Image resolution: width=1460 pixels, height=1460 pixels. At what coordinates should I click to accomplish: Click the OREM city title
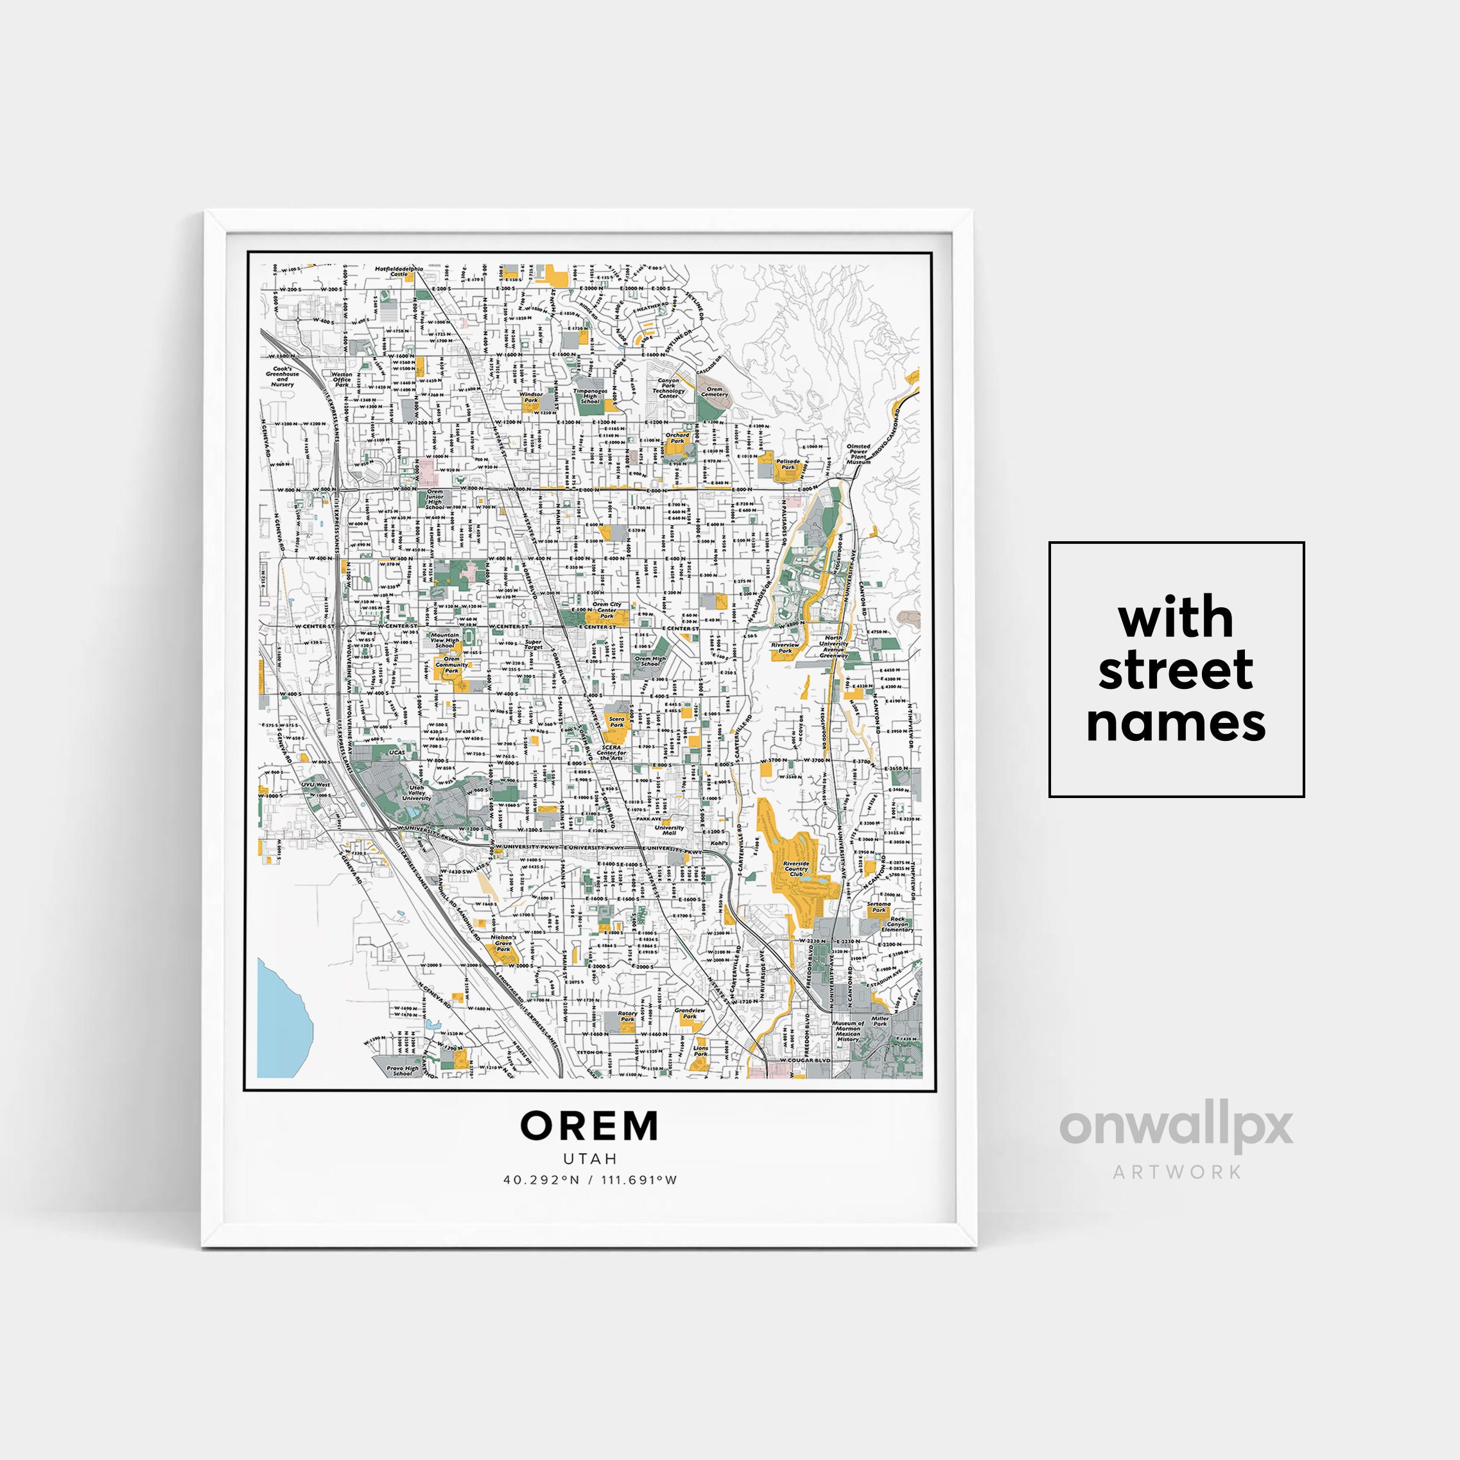[x=589, y=1126]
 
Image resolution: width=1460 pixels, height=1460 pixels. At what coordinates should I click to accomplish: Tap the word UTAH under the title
[x=589, y=1158]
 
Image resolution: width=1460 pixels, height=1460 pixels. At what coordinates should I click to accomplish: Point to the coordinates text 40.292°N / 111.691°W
[x=589, y=1179]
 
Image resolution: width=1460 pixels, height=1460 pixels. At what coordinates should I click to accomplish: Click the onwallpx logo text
[x=1177, y=1128]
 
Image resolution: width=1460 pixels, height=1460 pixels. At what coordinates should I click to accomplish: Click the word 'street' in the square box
[x=1176, y=671]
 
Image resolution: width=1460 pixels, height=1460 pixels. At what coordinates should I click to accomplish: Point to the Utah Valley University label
[x=417, y=793]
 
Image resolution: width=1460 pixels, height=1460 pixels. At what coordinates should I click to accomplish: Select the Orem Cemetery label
[x=714, y=392]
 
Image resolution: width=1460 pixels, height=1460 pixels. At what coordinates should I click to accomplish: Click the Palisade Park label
[x=787, y=464]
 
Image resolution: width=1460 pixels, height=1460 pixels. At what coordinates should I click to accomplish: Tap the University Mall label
[x=669, y=830]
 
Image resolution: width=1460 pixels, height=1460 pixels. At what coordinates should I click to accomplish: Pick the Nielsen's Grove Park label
[x=503, y=943]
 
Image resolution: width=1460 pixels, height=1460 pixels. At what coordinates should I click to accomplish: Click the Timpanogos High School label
[x=589, y=396]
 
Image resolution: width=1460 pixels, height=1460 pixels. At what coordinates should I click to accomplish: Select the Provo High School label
[x=402, y=1070]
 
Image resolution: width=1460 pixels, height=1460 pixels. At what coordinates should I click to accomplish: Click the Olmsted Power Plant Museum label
[x=858, y=453]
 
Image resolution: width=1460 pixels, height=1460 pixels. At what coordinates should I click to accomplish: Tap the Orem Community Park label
[x=451, y=665]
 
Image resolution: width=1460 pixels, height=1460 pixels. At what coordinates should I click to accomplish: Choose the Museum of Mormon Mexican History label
[x=848, y=1032]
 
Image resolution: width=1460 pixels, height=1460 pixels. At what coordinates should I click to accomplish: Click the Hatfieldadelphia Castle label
[x=399, y=270]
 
